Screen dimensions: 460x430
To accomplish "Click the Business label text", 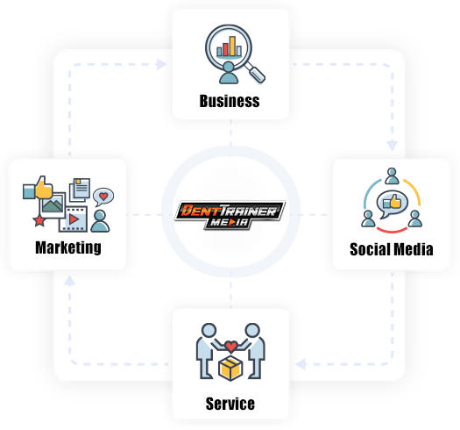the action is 230,101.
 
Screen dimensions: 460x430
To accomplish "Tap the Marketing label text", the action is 68,247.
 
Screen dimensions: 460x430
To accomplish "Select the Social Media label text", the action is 392,249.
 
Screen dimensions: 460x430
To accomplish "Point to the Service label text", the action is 230,404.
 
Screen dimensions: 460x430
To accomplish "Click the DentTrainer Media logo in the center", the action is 230,215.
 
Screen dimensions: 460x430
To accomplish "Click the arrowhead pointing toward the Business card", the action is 161,64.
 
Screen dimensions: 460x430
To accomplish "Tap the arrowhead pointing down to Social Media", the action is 392,146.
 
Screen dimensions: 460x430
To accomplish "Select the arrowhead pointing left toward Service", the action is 301,364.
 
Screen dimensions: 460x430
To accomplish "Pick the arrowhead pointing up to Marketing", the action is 69,281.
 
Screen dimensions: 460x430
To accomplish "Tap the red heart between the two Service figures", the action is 231,347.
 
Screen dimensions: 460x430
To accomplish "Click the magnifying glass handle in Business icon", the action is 255,73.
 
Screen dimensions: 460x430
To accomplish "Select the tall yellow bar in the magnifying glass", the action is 232,46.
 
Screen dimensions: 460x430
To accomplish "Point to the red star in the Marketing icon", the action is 39,221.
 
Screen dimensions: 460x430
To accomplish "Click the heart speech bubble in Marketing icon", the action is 103,197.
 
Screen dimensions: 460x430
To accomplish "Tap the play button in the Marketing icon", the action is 74,219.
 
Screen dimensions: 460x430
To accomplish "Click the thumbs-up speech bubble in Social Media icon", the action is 392,204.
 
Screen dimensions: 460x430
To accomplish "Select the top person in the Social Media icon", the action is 392,176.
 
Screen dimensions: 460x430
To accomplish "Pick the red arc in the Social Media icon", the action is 392,230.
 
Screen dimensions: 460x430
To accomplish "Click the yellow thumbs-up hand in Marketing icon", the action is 44,188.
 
